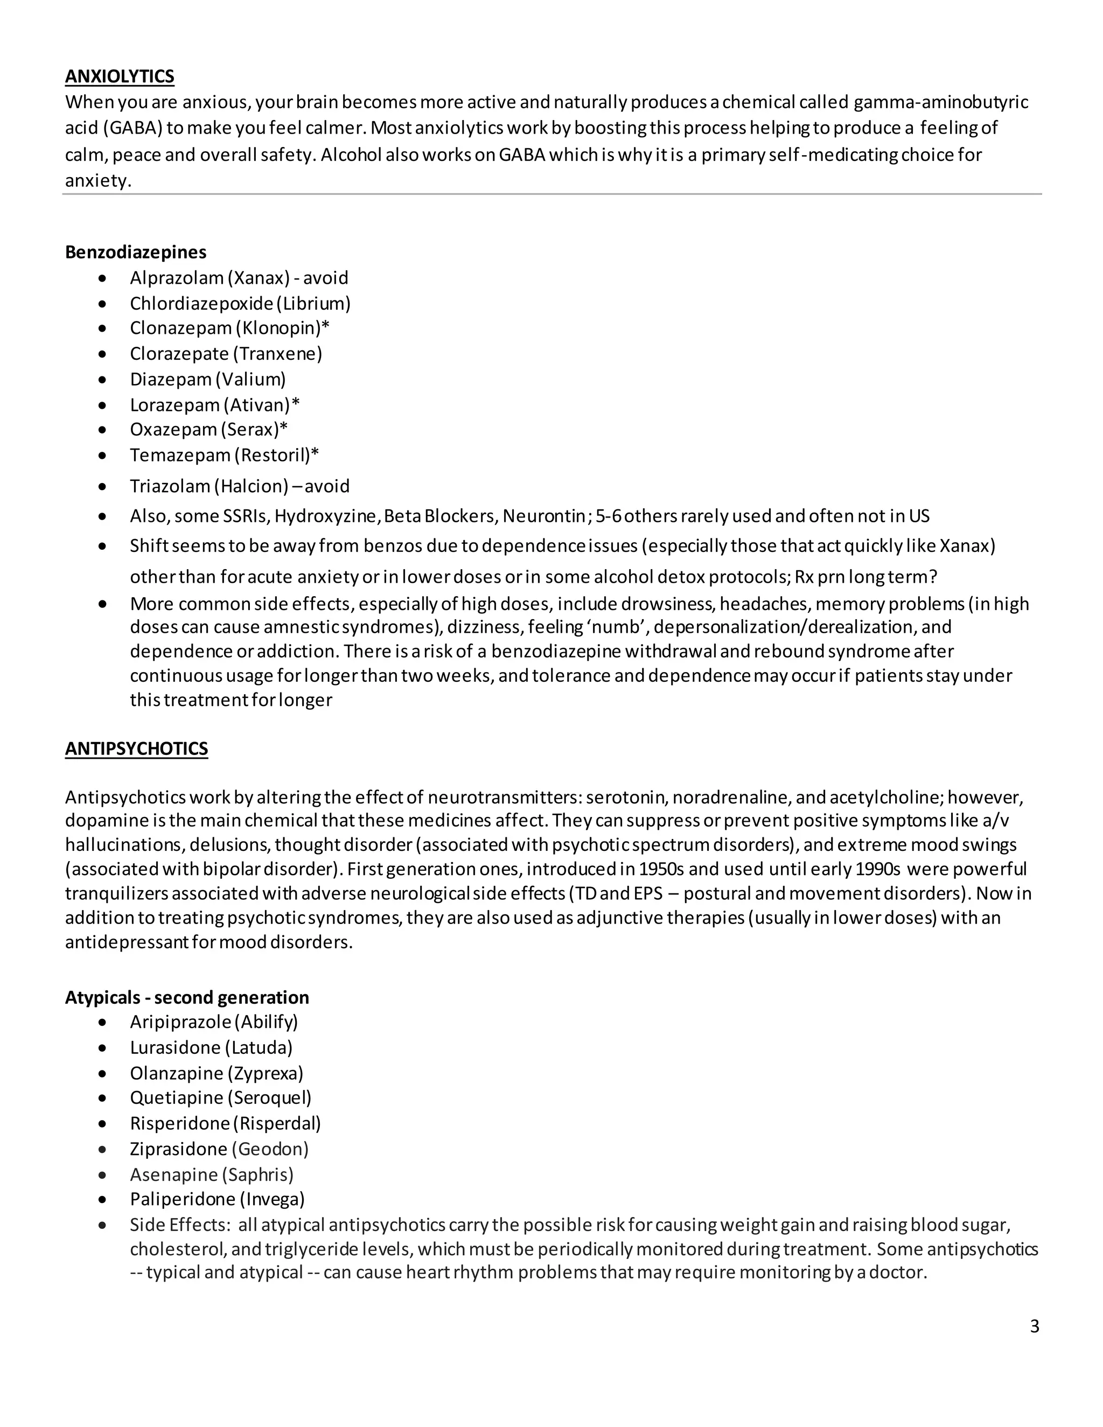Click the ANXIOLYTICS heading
pyautogui.click(x=120, y=76)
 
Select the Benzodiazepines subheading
pyautogui.click(x=135, y=251)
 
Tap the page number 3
pyautogui.click(x=1034, y=1326)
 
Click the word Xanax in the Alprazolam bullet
pyautogui.click(x=258, y=278)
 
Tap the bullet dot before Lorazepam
pyautogui.click(x=102, y=406)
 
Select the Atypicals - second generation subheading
pyautogui.click(x=187, y=997)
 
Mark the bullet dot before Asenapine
pyautogui.click(x=102, y=1175)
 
